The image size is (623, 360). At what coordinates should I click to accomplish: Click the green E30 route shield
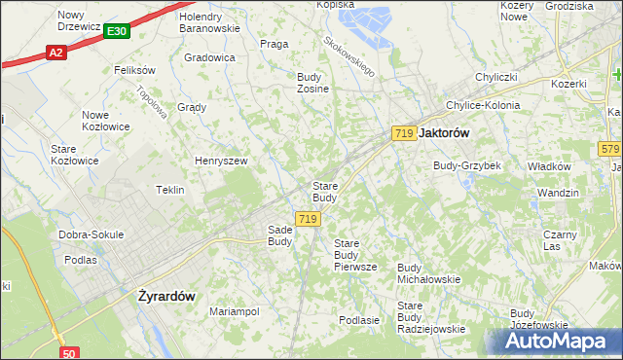[x=116, y=32]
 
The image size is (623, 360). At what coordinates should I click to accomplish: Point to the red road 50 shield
[x=68, y=353]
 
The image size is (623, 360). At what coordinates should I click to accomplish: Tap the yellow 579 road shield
[x=610, y=148]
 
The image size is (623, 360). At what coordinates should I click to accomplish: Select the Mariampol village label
[x=234, y=311]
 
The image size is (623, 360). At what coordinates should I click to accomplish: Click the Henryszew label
[x=221, y=161]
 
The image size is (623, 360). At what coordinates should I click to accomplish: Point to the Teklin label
[x=170, y=190]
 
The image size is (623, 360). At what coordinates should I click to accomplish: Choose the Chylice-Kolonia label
[x=482, y=105]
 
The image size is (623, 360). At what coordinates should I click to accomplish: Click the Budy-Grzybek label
[x=467, y=165]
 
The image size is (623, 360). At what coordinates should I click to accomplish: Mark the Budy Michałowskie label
[x=428, y=272]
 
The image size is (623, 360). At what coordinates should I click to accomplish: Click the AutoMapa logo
[x=561, y=342]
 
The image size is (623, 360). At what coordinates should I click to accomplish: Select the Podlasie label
[x=358, y=319]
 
